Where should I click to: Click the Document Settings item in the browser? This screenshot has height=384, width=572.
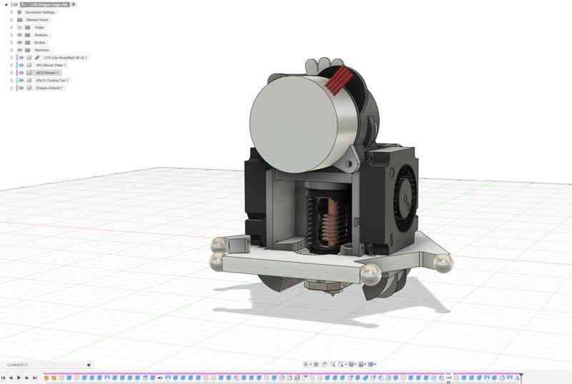click(x=39, y=12)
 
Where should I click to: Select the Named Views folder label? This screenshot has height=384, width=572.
click(x=37, y=20)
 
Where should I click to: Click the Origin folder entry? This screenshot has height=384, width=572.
click(x=39, y=27)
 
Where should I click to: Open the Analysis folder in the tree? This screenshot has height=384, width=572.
click(x=41, y=35)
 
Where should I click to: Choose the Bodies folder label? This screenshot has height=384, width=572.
click(x=39, y=42)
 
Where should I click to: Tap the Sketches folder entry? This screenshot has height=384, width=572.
click(x=41, y=50)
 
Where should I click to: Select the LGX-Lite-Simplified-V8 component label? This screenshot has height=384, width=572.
click(x=65, y=58)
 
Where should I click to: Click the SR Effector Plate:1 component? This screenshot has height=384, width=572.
click(x=50, y=65)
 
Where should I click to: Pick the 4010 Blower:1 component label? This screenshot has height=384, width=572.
click(x=47, y=73)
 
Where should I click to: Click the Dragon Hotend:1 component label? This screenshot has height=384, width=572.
click(x=50, y=88)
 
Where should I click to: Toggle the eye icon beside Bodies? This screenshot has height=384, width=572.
click(x=19, y=42)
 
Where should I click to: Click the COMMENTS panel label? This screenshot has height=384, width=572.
click(x=17, y=365)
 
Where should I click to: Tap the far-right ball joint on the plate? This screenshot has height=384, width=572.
click(x=443, y=263)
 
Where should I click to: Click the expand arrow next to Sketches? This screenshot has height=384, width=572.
click(x=11, y=50)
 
